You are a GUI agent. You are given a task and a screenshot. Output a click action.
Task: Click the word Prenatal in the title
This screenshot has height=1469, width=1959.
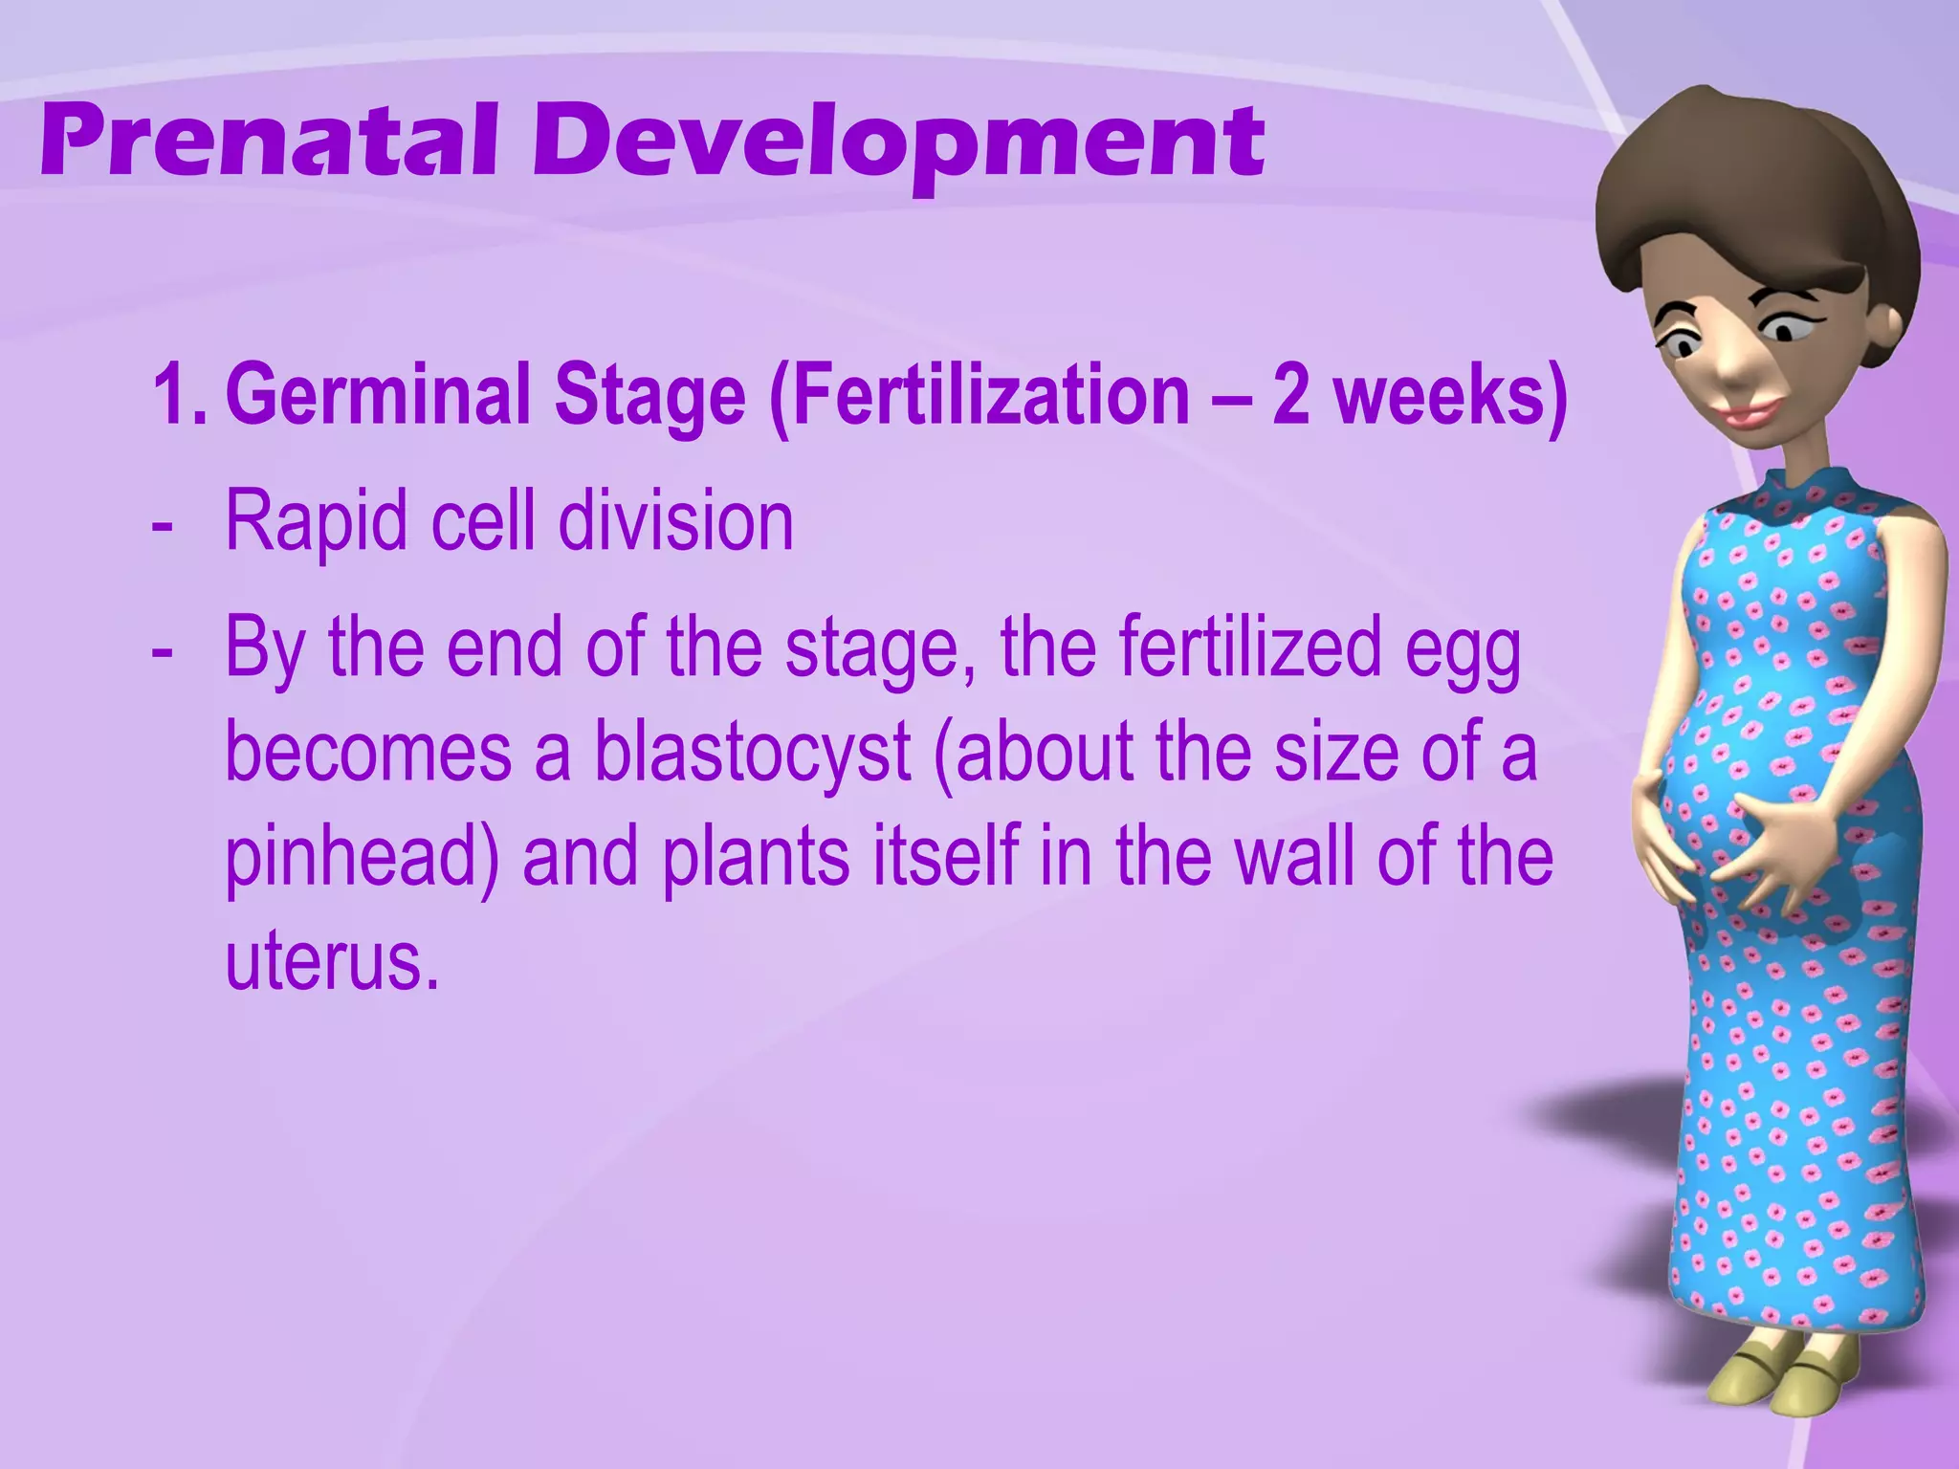click(269, 143)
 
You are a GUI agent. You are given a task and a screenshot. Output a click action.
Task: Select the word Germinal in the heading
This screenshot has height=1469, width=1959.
click(378, 396)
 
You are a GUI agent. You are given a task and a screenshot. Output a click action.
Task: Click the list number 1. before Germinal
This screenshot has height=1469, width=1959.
click(180, 396)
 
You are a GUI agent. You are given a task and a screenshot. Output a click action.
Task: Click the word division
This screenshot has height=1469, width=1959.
click(675, 521)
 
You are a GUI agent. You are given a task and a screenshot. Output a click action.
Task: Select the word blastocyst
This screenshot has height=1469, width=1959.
click(752, 752)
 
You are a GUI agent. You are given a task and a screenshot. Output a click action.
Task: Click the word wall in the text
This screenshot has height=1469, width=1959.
click(1296, 855)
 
